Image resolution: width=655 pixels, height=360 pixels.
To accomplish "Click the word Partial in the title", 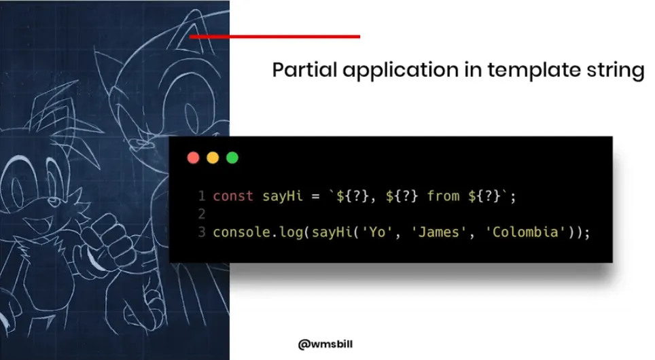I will click(x=296, y=71).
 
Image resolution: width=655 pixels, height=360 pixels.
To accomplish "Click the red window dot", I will click(x=193, y=158).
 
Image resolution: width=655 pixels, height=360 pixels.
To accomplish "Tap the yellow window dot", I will click(x=213, y=158).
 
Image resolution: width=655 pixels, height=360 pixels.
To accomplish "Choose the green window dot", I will click(x=232, y=158).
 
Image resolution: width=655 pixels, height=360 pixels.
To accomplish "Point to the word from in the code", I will click(x=443, y=196).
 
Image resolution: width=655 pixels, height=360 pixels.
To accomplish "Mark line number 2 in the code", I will click(x=202, y=215).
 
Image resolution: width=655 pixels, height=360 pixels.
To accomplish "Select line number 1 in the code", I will click(x=202, y=196).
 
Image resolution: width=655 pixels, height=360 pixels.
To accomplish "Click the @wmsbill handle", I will click(x=325, y=344).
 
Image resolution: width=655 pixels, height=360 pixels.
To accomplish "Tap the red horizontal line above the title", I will click(x=275, y=37).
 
